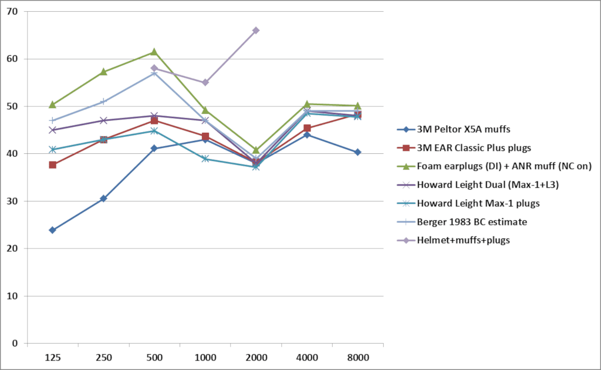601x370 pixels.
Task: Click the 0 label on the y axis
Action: pyautogui.click(x=15, y=344)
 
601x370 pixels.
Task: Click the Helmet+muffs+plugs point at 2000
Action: pyautogui.click(x=256, y=30)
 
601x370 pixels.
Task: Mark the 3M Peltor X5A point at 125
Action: pyautogui.click(x=53, y=230)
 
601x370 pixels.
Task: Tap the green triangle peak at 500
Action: pyautogui.click(x=154, y=52)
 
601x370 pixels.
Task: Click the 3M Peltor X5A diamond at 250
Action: pyautogui.click(x=103, y=199)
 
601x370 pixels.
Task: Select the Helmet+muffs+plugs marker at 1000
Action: pyautogui.click(x=205, y=82)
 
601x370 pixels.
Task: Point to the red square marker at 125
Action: pyautogui.click(x=53, y=165)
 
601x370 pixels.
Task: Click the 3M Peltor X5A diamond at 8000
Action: pyautogui.click(x=357, y=152)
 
